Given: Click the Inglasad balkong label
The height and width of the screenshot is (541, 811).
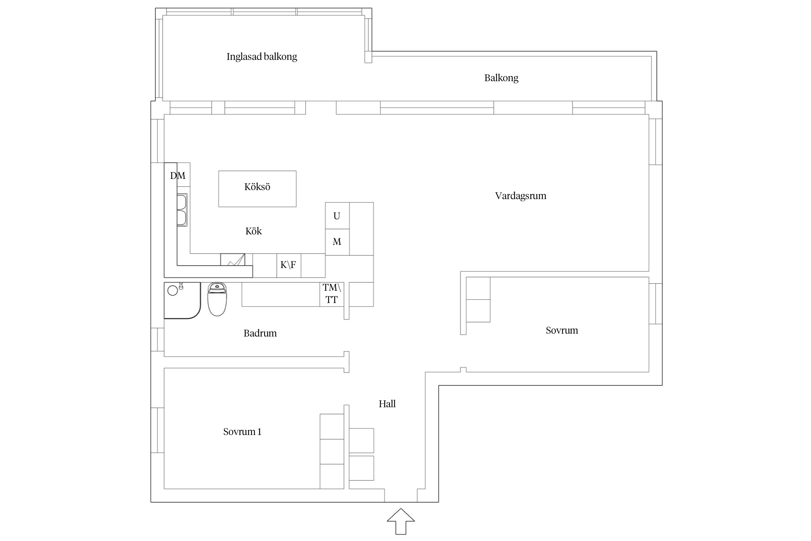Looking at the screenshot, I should [x=262, y=57].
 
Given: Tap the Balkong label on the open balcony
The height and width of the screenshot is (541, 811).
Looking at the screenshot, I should [x=501, y=78].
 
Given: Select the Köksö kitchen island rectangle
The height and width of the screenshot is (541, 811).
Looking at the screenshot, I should [x=257, y=189].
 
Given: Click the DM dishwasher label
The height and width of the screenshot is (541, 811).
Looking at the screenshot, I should [x=178, y=176].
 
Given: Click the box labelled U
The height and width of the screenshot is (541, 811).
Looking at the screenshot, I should [x=337, y=216].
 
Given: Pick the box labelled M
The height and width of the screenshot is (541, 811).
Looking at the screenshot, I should [x=337, y=242].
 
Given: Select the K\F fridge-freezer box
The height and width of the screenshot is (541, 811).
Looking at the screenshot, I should [x=288, y=265].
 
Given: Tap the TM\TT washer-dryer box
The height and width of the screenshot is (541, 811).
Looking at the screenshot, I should [x=332, y=294].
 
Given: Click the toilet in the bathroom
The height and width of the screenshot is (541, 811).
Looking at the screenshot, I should [x=217, y=299].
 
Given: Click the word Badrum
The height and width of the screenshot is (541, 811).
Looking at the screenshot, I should [x=260, y=333].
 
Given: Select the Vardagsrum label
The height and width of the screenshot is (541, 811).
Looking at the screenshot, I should [x=520, y=196].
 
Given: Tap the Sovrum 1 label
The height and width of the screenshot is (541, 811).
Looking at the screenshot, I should [x=242, y=432].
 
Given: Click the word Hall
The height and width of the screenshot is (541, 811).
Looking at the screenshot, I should [x=387, y=404].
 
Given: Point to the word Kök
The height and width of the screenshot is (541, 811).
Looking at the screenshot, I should [x=253, y=231].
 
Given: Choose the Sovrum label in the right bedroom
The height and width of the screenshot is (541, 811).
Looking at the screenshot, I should [x=562, y=330].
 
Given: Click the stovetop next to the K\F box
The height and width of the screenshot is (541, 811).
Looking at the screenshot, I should [x=232, y=260].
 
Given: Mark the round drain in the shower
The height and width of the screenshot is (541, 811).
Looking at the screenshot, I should [x=173, y=291].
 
